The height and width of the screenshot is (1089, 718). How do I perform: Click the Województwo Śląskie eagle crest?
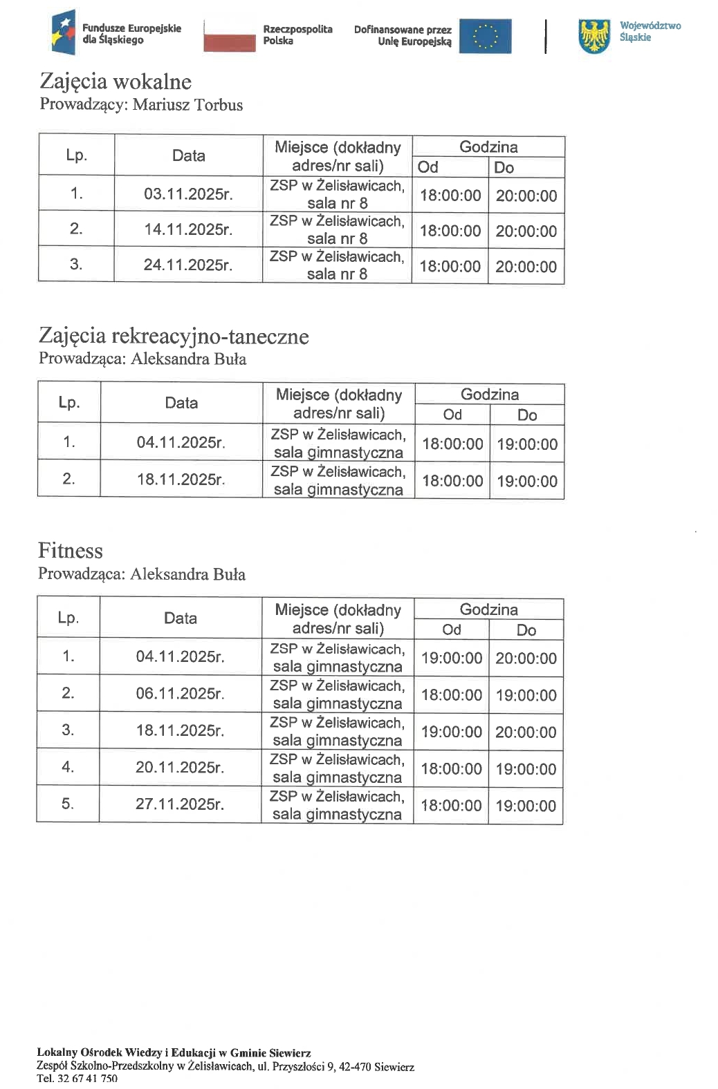[594, 36]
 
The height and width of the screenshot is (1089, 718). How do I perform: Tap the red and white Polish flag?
[229, 36]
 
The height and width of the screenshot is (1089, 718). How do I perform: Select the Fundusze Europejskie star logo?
[63, 33]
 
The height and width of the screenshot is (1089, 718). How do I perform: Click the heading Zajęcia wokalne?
[116, 82]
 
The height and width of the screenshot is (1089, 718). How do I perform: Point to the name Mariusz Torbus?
[187, 105]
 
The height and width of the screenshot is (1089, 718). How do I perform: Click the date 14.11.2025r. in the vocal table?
[188, 229]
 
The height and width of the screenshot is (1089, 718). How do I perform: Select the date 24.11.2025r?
[188, 265]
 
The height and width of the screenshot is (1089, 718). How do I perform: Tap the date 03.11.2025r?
[188, 194]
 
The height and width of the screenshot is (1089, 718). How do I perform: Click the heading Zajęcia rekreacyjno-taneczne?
[174, 337]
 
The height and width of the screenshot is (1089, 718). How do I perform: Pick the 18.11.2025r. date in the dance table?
[181, 480]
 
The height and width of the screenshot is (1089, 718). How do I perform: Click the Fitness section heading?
[70, 551]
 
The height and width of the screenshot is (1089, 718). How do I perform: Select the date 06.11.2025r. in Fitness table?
[180, 693]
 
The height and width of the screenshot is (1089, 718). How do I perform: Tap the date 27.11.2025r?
[180, 804]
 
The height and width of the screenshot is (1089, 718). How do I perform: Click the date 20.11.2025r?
[180, 767]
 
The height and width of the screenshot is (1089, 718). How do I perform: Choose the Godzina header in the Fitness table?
[488, 609]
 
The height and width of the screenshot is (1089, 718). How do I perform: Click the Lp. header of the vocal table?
[76, 155]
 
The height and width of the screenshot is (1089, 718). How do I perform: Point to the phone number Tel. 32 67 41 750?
[77, 1078]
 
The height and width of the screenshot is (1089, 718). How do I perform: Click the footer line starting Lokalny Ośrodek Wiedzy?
[174, 1053]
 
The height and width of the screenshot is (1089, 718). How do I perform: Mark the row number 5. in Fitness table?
[68, 804]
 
